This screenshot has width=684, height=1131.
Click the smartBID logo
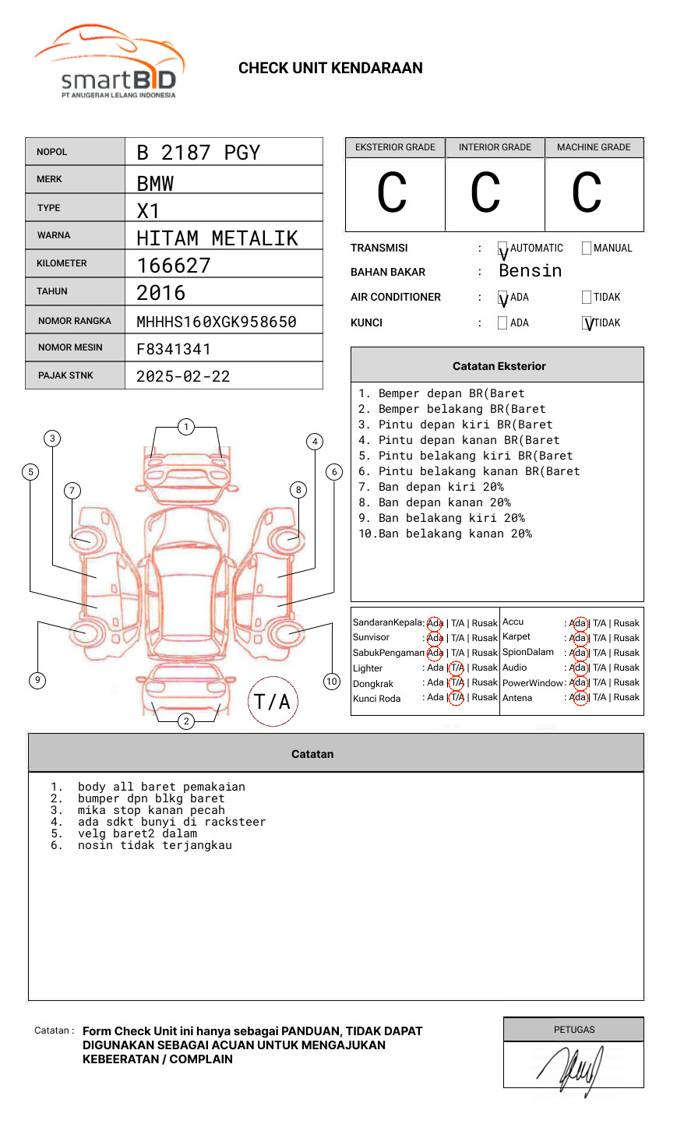point(109,62)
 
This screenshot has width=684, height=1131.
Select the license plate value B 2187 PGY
point(198,153)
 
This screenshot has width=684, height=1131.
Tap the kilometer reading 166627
point(174,266)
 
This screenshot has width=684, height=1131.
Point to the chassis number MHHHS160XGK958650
point(217,322)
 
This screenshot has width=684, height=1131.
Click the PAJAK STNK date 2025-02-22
point(183,376)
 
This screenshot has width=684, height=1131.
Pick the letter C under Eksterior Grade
point(392,193)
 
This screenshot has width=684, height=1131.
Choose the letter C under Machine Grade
point(587,193)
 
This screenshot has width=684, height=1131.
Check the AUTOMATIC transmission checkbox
point(502,249)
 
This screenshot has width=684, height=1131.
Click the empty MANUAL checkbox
point(587,248)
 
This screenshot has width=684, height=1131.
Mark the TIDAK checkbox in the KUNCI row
point(587,323)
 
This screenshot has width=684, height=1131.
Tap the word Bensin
point(530,271)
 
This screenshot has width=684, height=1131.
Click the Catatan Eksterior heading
point(499,366)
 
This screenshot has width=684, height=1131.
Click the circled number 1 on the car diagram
point(185,427)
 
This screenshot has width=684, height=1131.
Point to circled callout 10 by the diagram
point(332,682)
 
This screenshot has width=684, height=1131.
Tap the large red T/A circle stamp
point(273,702)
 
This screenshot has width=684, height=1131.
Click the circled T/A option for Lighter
point(457,668)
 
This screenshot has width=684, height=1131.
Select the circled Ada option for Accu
point(578,623)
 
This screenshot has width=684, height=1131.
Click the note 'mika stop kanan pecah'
point(151,810)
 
